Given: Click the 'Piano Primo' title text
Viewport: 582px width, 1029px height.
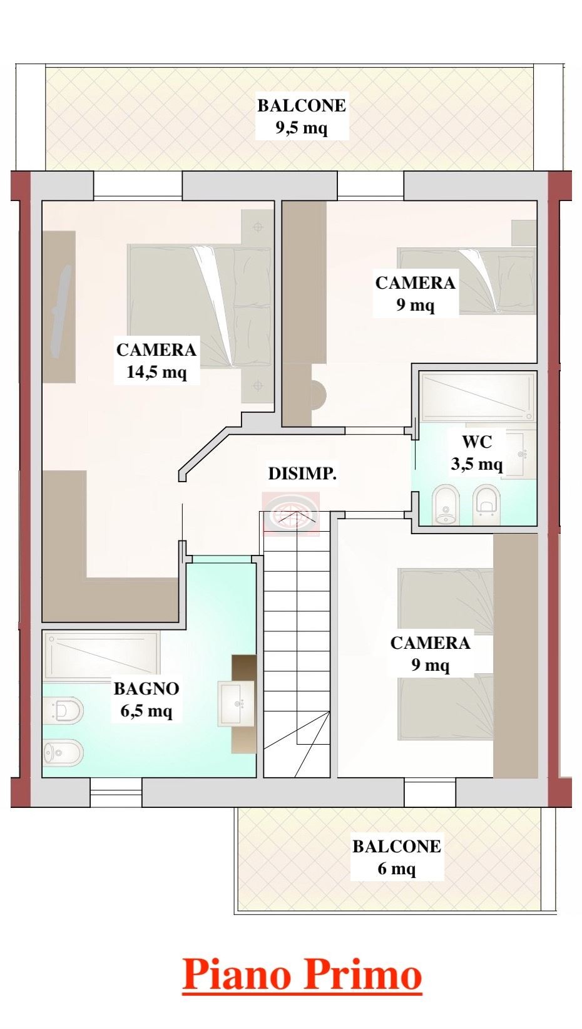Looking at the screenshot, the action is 302,974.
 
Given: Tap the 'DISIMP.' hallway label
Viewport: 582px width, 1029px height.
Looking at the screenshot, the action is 302,473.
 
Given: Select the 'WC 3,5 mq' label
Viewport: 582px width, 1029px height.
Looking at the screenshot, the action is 477,453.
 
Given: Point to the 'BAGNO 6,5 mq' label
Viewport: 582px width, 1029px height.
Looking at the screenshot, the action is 146,700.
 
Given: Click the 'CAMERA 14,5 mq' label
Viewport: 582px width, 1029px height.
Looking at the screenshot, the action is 156,361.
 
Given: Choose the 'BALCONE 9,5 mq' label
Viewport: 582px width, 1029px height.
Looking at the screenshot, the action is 302,116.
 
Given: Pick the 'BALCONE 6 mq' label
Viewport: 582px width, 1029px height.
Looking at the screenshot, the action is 397,857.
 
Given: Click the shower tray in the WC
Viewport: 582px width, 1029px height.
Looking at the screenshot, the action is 478,396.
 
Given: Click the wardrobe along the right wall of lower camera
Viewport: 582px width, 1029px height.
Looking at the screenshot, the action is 515,655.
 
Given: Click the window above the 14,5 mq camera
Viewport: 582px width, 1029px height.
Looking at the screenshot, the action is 138,185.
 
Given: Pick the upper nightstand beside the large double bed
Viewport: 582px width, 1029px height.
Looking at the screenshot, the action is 257,227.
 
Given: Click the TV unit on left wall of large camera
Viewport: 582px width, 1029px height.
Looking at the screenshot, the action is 59,306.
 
